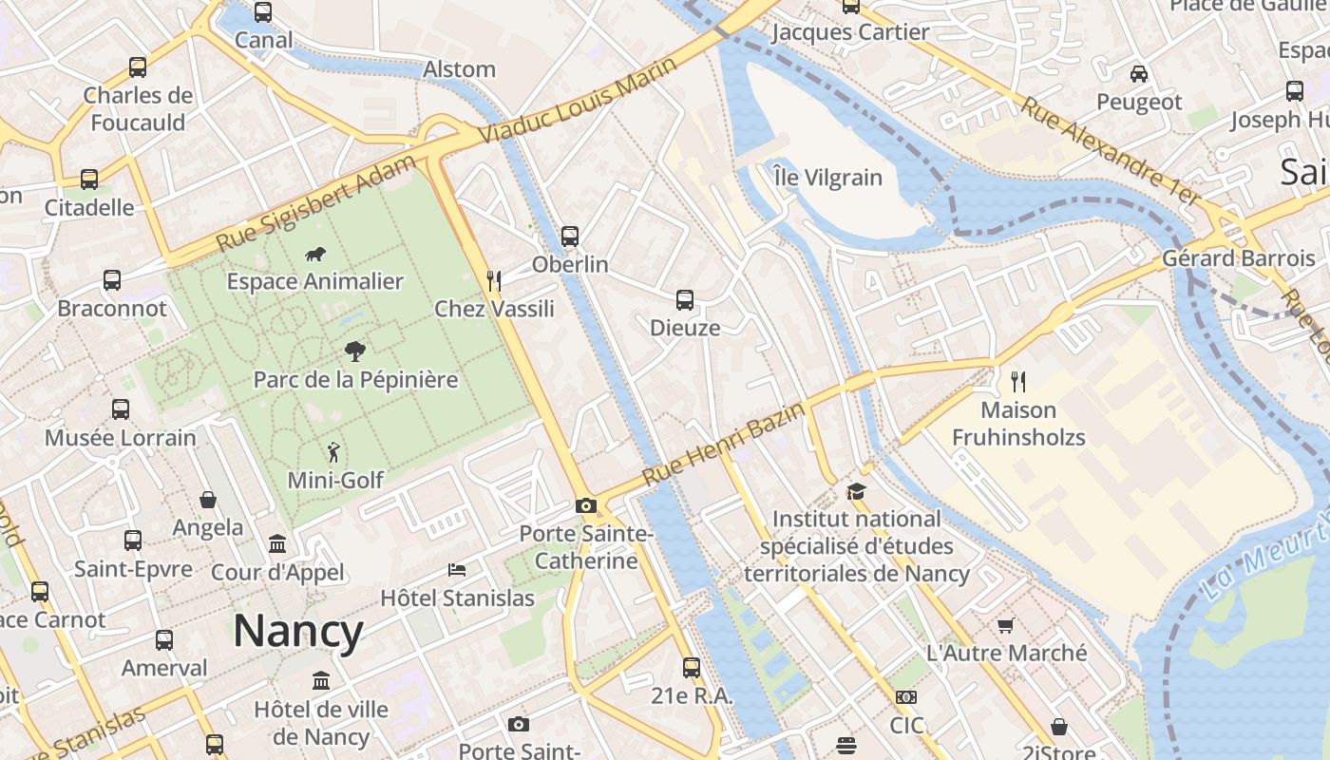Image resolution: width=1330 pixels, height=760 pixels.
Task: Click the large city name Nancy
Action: point(298,632)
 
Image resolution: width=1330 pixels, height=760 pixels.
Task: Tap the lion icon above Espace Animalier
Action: point(315,254)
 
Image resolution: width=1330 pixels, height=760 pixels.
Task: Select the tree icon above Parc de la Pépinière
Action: point(355,351)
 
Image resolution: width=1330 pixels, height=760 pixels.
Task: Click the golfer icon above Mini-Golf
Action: point(332,452)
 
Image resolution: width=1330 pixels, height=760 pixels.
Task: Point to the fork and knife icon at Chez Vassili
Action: point(494,280)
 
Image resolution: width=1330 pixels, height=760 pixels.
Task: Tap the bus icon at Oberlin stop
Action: point(570,237)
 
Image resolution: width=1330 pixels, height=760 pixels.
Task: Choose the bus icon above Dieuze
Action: point(685,300)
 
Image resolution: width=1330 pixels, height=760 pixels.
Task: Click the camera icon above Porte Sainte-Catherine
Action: point(585,505)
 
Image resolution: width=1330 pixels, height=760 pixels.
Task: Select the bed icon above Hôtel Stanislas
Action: point(457,570)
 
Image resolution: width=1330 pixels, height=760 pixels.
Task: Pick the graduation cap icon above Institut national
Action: point(856,491)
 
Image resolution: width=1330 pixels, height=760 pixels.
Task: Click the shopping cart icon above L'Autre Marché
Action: point(1006,625)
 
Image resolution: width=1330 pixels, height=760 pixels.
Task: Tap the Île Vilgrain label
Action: point(827,178)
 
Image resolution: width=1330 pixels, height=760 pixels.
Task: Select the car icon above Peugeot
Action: point(1138,73)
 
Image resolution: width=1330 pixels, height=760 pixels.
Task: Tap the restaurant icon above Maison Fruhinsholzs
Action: point(1018,382)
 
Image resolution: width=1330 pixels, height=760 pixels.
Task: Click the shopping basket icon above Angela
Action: point(208,500)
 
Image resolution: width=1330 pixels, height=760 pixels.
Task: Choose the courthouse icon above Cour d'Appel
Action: point(277,544)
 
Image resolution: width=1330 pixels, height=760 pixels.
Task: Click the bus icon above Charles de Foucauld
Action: point(138,67)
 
